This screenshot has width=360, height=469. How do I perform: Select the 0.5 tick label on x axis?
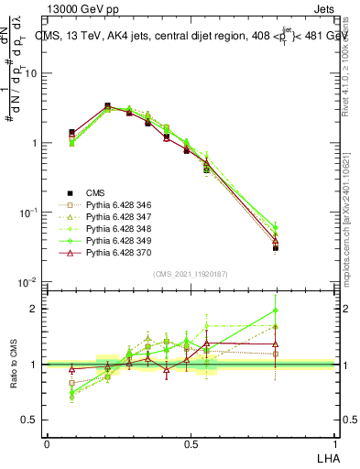pyautogui.click(x=191, y=443)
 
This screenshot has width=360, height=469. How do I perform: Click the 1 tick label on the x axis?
pyautogui.click(x=333, y=443)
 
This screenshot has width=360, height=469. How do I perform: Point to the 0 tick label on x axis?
pyautogui.click(x=47, y=443)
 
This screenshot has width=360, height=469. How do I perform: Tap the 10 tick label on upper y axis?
pyautogui.click(x=31, y=73)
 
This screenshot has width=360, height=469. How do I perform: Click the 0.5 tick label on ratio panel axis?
pyautogui.click(x=31, y=420)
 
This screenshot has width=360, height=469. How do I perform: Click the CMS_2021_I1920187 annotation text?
pyautogui.click(x=190, y=274)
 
